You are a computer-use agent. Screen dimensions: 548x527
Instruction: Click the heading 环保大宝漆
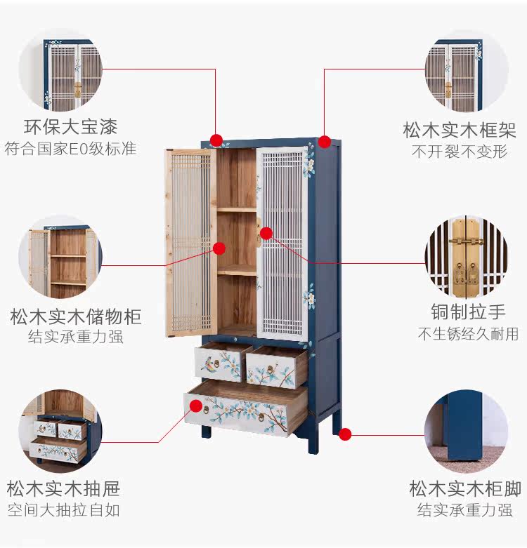point(70,127)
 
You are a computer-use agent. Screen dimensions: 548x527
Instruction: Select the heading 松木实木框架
point(460,130)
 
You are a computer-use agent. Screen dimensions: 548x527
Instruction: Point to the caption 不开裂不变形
point(460,151)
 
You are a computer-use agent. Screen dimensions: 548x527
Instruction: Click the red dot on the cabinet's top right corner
point(324,142)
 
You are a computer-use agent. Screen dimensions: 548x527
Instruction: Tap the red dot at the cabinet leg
point(344,434)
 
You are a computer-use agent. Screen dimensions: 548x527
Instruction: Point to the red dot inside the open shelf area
point(219,248)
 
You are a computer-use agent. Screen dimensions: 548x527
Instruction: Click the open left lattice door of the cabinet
point(190,242)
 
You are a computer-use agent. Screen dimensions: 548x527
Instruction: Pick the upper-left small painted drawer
point(219,363)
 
